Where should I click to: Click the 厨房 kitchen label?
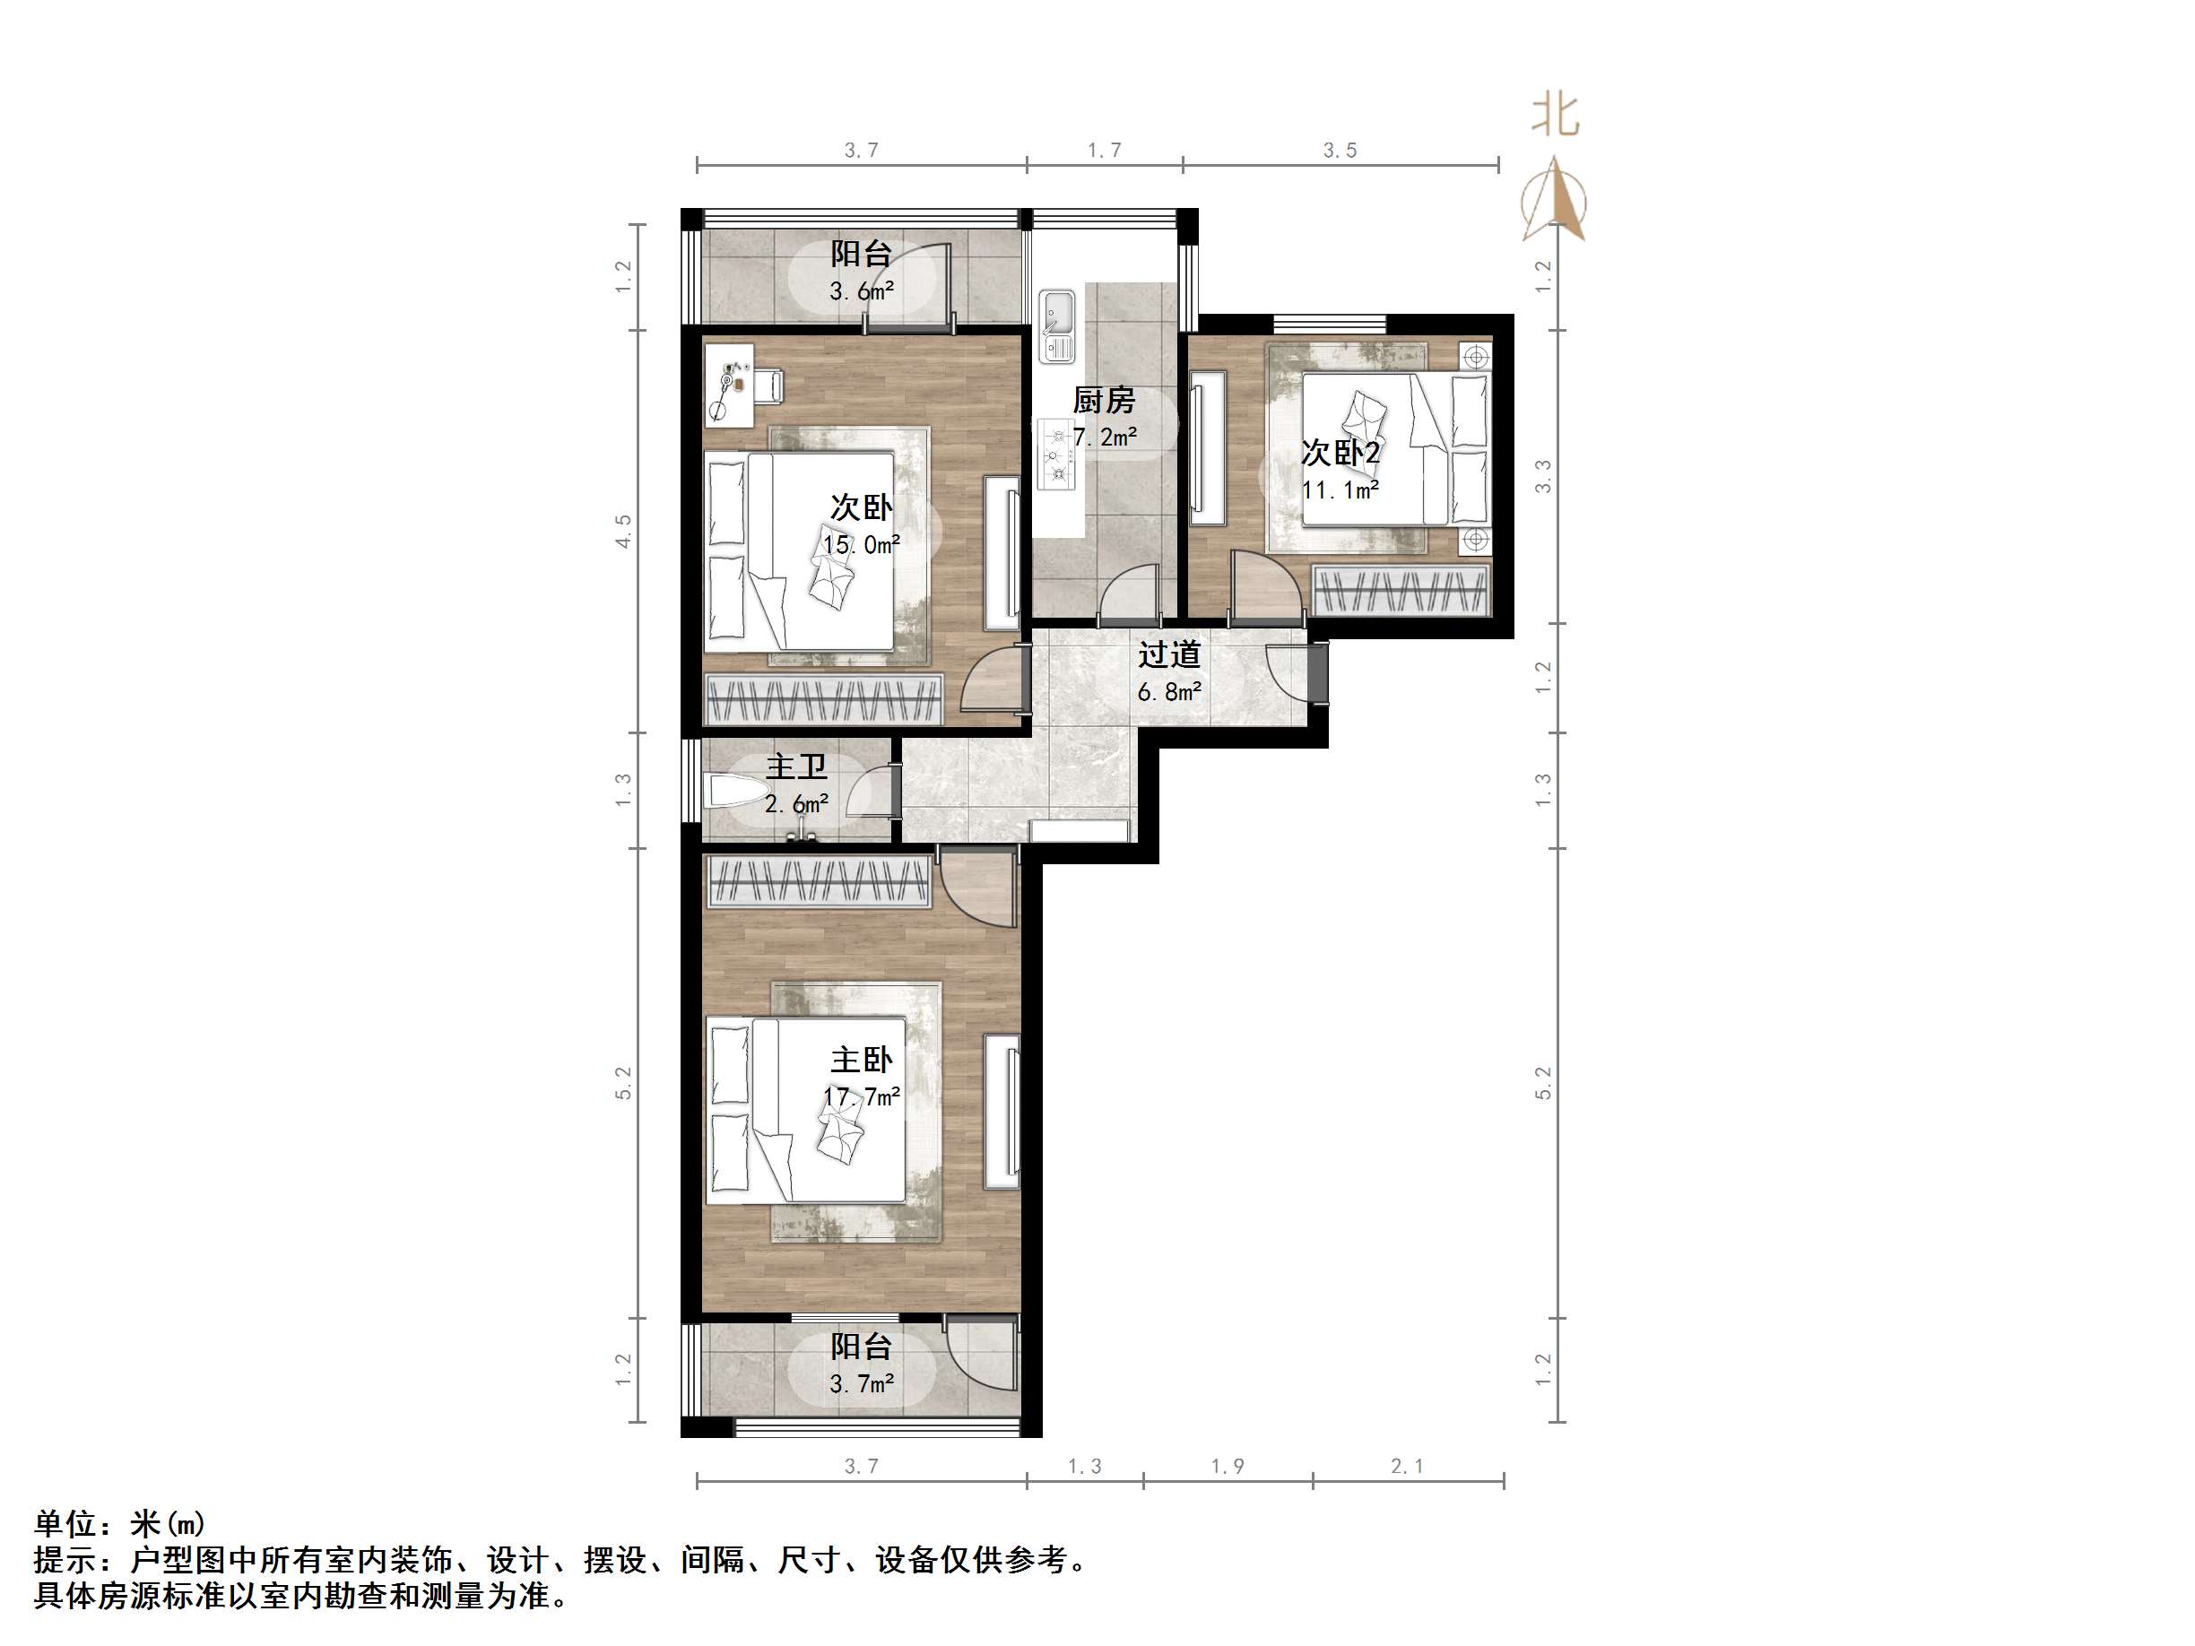click(x=1104, y=400)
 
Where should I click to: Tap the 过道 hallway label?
click(x=1169, y=654)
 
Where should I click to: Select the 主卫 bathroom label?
click(x=796, y=767)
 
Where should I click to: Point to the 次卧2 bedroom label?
click(x=1340, y=454)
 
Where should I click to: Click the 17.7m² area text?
click(x=862, y=1096)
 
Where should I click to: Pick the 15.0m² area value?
click(x=862, y=545)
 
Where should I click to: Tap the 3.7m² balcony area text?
click(x=862, y=1383)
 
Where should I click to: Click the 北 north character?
click(x=1554, y=115)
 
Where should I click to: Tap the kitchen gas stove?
click(x=1057, y=455)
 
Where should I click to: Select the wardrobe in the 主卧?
click(x=818, y=882)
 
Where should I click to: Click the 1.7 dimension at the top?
click(x=1104, y=151)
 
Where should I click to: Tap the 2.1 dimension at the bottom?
click(x=1406, y=1467)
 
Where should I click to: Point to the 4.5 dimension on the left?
click(x=623, y=531)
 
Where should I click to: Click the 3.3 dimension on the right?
click(x=1543, y=477)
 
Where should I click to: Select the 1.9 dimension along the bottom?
click(x=1227, y=1467)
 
